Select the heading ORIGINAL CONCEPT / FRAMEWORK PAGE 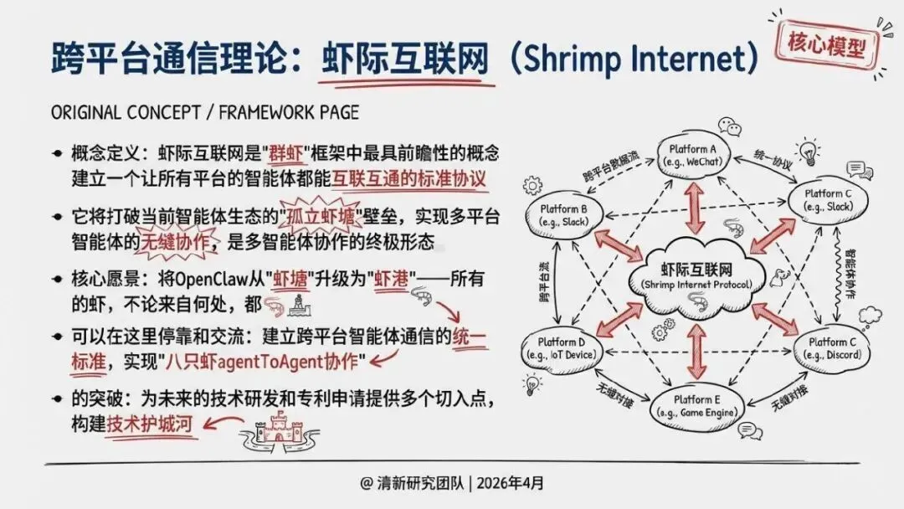[x=205, y=113]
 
